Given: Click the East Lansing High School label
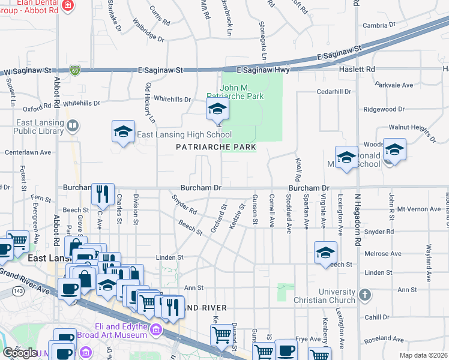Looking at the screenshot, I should pyautogui.click(x=184, y=135).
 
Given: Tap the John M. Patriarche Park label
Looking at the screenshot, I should pyautogui.click(x=235, y=92).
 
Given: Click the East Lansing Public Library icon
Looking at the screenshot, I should pyautogui.click(x=73, y=125).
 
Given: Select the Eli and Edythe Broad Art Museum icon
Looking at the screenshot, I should pyautogui.click(x=155, y=329).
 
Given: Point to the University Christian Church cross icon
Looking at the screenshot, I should pyautogui.click(x=364, y=295).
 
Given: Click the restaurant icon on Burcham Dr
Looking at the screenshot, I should pyautogui.click(x=102, y=194).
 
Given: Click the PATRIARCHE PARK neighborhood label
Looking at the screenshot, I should pyautogui.click(x=216, y=147).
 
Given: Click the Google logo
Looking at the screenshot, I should pyautogui.click(x=20, y=353).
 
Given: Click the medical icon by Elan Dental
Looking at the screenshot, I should pyautogui.click(x=68, y=5).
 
